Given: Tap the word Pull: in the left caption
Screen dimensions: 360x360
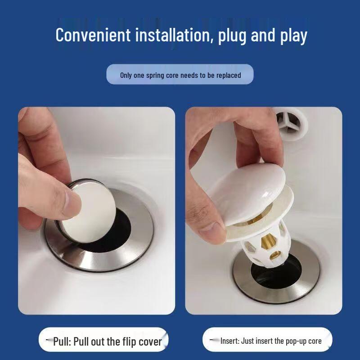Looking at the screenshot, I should point(65,342).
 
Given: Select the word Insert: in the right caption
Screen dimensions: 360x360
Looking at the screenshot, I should point(230,341).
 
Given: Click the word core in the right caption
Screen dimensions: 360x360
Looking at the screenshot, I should point(315,341).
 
